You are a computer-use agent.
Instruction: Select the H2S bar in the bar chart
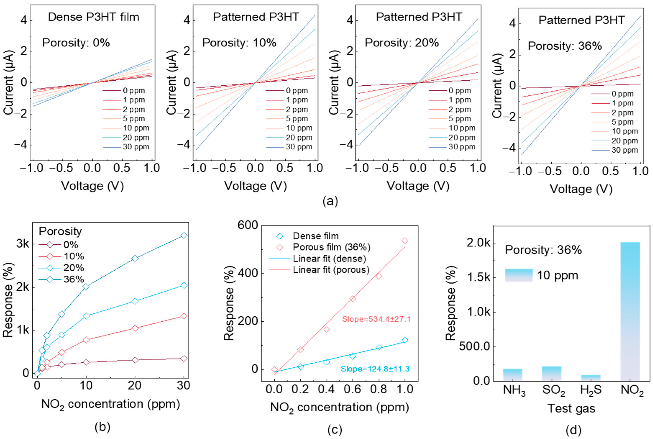(x=590, y=378)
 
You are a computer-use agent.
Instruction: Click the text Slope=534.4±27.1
(x=376, y=319)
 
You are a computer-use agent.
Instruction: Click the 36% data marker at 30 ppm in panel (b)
(x=184, y=235)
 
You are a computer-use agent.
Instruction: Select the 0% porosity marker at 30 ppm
(x=184, y=358)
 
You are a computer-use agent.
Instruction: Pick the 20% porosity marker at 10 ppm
(x=86, y=316)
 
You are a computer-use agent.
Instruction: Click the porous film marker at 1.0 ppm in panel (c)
(x=405, y=241)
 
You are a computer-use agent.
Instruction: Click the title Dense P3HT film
(x=93, y=17)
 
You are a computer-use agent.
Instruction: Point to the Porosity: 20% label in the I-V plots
(x=402, y=43)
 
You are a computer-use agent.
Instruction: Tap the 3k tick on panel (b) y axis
(x=22, y=244)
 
